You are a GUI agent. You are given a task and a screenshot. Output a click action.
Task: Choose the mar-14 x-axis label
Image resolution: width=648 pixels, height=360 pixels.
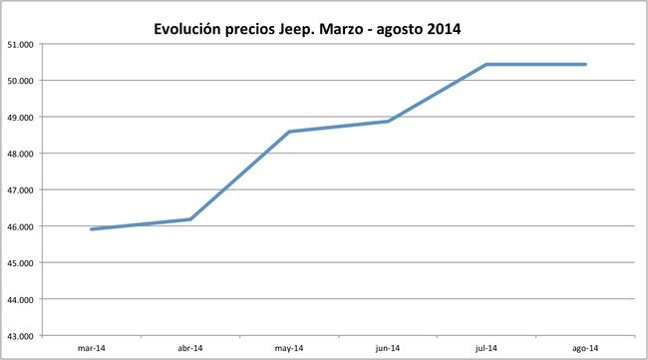tap(91, 348)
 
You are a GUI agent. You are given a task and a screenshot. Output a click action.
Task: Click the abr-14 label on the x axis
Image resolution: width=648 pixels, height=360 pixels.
tap(189, 348)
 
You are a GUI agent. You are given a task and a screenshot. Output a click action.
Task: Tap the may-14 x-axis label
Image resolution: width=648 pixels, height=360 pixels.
tap(288, 348)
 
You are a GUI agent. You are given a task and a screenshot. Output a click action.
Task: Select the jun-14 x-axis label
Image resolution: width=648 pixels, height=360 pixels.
tap(388, 348)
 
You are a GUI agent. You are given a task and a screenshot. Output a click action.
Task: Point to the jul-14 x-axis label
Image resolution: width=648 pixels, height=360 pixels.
tap(486, 348)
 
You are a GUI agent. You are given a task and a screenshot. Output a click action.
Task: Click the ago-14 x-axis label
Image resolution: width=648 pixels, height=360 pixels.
tap(585, 348)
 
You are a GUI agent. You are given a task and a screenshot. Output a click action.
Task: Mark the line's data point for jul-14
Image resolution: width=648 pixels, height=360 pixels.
tap(486, 65)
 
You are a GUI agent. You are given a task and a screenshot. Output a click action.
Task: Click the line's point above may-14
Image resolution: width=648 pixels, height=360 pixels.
tap(288, 132)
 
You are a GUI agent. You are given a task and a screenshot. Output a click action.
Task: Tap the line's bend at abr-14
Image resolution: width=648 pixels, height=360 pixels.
tap(189, 219)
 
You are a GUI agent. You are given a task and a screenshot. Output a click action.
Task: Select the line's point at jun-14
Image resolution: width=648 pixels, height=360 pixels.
tap(388, 122)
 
